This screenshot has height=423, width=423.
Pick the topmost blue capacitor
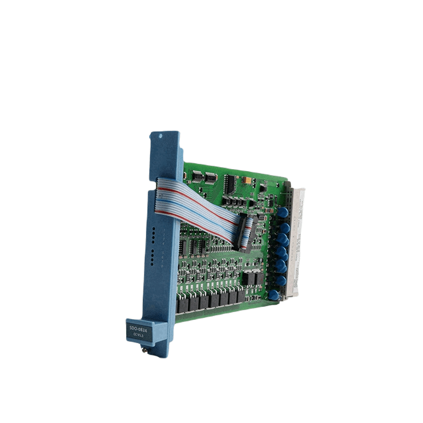pos(283,212)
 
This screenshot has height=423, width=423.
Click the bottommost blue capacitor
pos(273,295)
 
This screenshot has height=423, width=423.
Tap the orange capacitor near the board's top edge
pos(246,180)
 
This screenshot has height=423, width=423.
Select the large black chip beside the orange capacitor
pos(229,182)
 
